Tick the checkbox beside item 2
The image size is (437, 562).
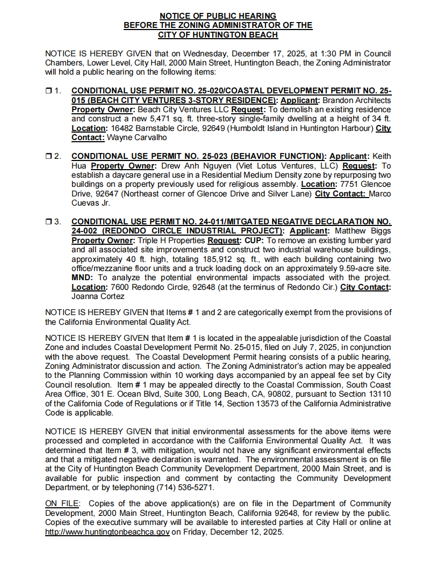pos(48,156)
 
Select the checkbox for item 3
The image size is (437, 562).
pos(48,221)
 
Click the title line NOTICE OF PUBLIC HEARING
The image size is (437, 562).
pos(218,16)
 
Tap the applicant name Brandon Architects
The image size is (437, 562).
pos(356,100)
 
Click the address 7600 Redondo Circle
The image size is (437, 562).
pos(155,287)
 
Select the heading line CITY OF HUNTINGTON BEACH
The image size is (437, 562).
pos(218,35)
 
